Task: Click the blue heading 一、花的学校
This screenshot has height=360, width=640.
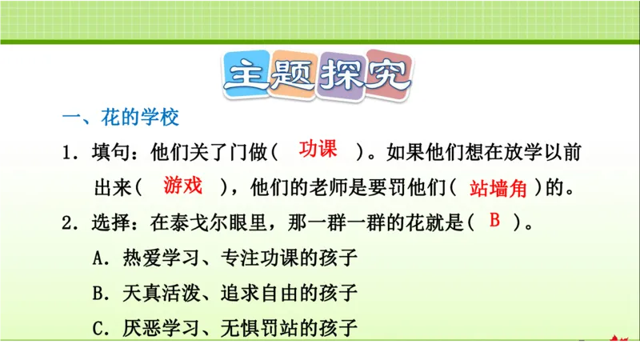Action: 121,118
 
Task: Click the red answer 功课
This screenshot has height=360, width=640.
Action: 318,149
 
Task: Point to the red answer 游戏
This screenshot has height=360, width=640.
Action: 182,186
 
